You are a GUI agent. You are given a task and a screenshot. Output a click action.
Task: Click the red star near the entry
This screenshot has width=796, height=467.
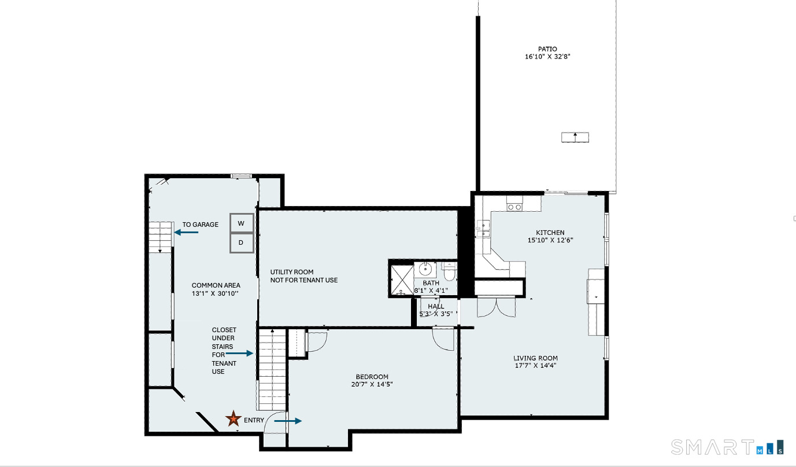click(x=233, y=418)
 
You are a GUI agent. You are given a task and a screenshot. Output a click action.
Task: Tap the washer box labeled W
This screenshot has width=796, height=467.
click(x=242, y=223)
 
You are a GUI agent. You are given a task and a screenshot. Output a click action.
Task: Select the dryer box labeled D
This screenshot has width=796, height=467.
click(x=242, y=242)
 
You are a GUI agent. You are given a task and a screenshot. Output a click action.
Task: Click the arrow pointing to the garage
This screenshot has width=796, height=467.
click(x=186, y=232)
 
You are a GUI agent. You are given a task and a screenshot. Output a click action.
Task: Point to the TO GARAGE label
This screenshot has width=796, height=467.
click(x=200, y=225)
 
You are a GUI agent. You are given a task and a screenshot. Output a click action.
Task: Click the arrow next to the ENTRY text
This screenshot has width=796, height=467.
click(x=287, y=421)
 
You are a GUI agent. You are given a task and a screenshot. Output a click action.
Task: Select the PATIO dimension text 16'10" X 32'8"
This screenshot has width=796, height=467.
click(x=547, y=57)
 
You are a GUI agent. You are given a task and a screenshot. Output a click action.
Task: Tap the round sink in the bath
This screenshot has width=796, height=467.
click(x=425, y=269)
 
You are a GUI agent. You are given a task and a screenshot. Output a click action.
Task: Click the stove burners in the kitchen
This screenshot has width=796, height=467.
click(x=514, y=207)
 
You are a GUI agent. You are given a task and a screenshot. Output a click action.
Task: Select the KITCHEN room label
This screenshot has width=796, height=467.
click(x=550, y=233)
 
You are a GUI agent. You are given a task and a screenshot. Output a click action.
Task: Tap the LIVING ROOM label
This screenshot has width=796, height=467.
click(x=536, y=358)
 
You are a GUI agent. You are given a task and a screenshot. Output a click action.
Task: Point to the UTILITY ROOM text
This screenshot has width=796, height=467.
click(x=292, y=272)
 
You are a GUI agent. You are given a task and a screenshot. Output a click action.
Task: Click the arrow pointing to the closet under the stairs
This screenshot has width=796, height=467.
click(x=239, y=353)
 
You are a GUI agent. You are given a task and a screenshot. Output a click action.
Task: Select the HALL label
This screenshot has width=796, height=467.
click(x=436, y=307)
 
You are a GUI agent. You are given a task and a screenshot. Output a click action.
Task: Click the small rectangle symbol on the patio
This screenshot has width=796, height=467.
click(x=575, y=137)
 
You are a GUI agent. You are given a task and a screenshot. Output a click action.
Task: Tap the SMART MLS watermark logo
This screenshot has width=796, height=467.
click(x=727, y=447)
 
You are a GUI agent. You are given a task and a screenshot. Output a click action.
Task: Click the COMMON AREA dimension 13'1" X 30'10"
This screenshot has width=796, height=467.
click(x=216, y=293)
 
